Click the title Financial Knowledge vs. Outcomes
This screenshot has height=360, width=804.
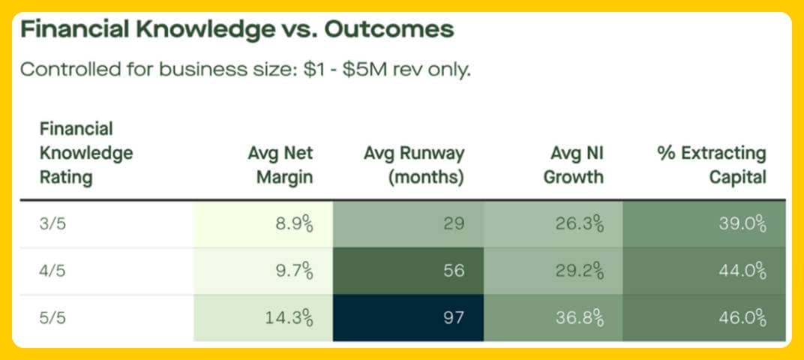[236, 30]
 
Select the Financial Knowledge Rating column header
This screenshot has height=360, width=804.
[85, 153]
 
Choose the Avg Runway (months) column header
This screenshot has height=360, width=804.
[413, 165]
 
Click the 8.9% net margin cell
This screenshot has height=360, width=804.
[289, 223]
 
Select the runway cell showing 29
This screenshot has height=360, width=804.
[453, 223]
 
